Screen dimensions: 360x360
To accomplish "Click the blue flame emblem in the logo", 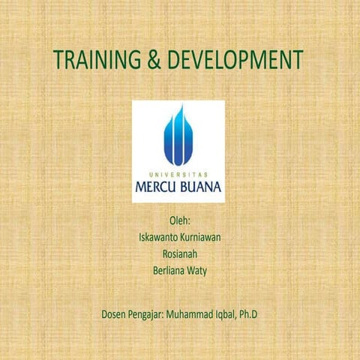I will [x=178, y=135].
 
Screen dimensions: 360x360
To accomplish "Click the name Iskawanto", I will [x=156, y=237].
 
